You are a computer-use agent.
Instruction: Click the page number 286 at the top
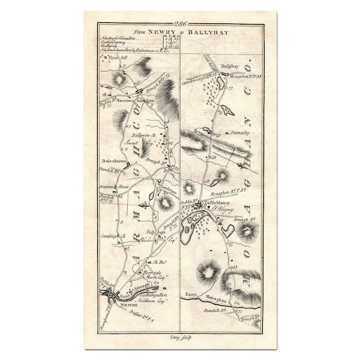(x=181, y=24)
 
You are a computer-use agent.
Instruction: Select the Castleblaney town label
(x=223, y=203)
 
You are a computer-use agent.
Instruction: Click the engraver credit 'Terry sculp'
(x=179, y=339)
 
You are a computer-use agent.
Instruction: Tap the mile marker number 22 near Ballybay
(x=230, y=88)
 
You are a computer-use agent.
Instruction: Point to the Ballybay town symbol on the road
(x=223, y=74)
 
